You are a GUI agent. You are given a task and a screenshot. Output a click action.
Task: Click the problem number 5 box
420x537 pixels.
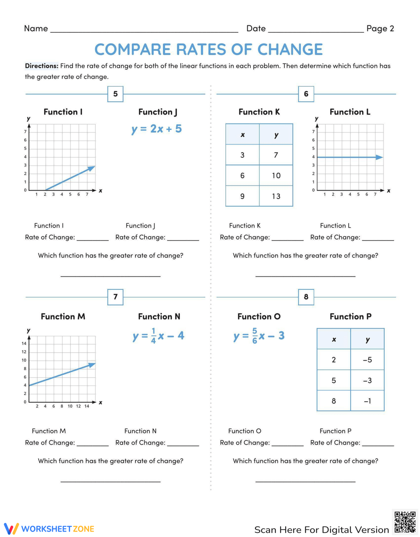pos(115,94)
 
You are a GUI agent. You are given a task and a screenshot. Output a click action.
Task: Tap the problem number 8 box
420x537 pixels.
pos(306,297)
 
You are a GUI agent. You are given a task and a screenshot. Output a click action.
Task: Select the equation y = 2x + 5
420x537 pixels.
pos(157,129)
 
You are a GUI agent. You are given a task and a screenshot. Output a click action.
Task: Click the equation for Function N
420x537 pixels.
pos(158,336)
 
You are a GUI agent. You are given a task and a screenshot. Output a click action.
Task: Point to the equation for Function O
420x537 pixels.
pos(259,336)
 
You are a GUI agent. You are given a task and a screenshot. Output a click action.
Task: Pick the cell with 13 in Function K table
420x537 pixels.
pos(276,196)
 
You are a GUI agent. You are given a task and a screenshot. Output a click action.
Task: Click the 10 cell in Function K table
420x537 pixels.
pos(276,176)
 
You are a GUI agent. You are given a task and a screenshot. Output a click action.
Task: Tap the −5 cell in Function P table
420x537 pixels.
pos(367,360)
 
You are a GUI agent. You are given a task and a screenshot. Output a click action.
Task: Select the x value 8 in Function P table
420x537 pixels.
pos(334,401)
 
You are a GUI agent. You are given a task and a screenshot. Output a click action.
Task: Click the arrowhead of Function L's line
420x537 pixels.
pos(380,157)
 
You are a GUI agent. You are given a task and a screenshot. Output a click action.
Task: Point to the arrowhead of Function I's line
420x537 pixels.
pos(92,168)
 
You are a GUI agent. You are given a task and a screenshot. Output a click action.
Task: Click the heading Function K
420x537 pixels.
pos(259,112)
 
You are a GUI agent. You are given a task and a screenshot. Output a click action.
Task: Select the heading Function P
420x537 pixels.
pos(351,317)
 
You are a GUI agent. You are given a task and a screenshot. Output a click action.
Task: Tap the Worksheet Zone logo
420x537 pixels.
pos(49,529)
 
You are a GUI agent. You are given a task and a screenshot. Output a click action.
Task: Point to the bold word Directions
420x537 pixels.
pos(42,66)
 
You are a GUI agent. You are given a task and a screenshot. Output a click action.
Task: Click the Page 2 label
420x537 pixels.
pos(380,29)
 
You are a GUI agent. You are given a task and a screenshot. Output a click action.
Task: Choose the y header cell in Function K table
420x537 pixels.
pos(276,135)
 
